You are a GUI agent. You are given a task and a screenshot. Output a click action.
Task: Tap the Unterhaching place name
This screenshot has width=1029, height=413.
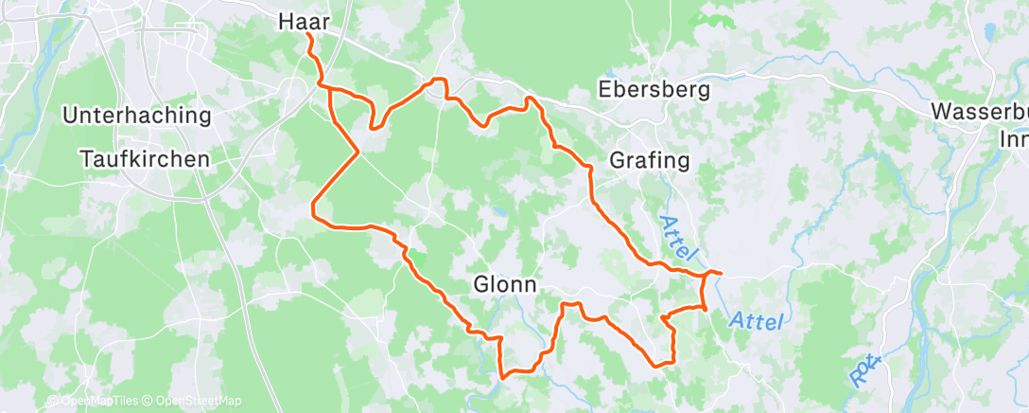click(136, 116)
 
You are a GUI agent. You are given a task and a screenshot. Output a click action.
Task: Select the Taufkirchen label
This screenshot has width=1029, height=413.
click(145, 159)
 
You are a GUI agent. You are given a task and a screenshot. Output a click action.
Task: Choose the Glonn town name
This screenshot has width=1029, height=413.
click(505, 284)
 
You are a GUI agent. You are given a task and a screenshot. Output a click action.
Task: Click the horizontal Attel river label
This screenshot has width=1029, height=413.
click(757, 322)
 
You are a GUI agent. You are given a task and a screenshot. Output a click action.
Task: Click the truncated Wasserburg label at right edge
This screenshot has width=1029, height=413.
click(980, 111)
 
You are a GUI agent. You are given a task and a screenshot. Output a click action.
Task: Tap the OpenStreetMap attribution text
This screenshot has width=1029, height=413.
click(195, 402)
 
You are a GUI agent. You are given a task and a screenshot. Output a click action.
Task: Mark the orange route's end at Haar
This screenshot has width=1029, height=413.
click(308, 35)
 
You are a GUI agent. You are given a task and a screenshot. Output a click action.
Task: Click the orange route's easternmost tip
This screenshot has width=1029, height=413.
click(720, 273)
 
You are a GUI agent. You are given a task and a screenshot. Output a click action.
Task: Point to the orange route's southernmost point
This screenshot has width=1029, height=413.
click(502, 376)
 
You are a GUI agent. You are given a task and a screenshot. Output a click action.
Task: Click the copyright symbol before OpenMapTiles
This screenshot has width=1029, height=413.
click(52, 402)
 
